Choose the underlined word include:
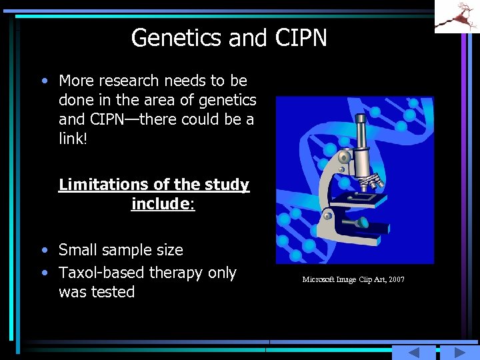point(163,203)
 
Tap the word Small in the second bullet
point(77,250)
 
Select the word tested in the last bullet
point(116,292)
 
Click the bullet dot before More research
point(44,81)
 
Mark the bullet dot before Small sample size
point(44,251)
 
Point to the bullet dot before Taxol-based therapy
point(44,273)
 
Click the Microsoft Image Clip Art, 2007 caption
point(353,279)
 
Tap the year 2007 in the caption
point(397,279)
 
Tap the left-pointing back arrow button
point(413,353)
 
